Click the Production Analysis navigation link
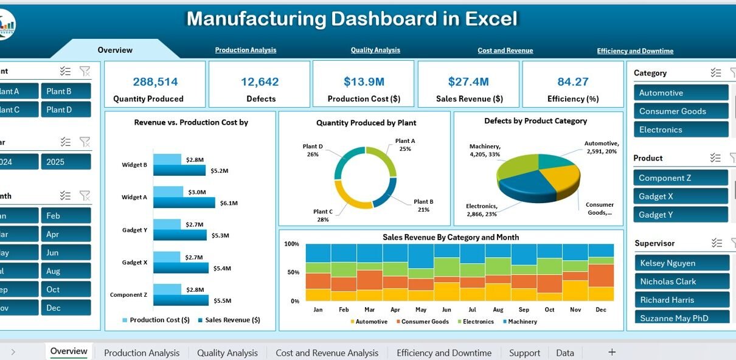(245, 50)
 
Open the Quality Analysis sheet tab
(227, 353)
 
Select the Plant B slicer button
(66, 91)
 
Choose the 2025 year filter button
(66, 162)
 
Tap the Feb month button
(66, 216)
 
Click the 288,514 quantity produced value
(155, 81)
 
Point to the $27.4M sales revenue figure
(468, 81)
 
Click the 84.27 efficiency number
(572, 81)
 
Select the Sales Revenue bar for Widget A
(184, 203)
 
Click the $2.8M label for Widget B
(195, 160)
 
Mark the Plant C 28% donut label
(322, 216)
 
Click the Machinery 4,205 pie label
(485, 150)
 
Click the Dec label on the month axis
(601, 310)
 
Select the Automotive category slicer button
(681, 93)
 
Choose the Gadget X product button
(681, 196)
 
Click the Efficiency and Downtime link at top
(634, 51)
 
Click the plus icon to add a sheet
(612, 352)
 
